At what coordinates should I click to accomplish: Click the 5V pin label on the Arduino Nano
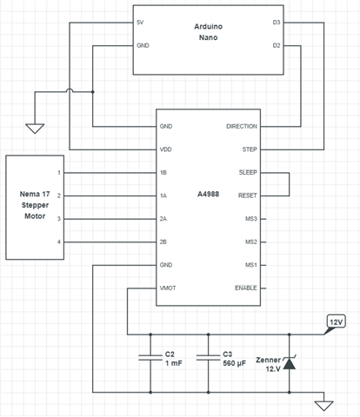(x=140, y=23)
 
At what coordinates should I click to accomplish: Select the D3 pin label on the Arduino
(x=277, y=23)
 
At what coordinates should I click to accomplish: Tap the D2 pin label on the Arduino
(x=277, y=45)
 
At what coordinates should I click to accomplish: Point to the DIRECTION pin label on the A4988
(x=242, y=126)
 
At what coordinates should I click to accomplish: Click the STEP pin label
(x=250, y=149)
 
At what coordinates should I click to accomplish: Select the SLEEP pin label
(x=248, y=172)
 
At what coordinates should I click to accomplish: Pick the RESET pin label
(x=248, y=195)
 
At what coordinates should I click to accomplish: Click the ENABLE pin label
(x=246, y=288)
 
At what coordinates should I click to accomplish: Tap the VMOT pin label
(x=168, y=288)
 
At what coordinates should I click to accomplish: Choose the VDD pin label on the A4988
(x=166, y=149)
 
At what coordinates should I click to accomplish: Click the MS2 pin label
(x=251, y=242)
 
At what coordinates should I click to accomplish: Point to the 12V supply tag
(x=336, y=322)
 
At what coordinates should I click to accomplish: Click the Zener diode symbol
(x=289, y=363)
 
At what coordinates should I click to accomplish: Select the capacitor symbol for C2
(x=150, y=358)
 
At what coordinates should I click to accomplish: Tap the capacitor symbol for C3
(x=208, y=358)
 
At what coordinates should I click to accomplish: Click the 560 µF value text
(x=234, y=363)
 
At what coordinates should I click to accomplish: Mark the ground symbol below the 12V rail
(x=323, y=406)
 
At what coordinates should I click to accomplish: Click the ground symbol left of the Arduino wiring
(x=35, y=129)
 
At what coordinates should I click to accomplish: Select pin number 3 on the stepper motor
(x=59, y=219)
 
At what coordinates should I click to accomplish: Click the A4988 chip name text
(x=208, y=194)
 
